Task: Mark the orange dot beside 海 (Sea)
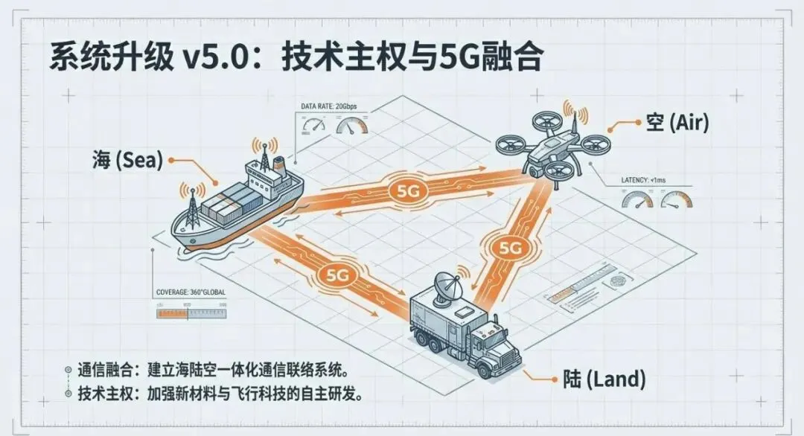(x=172, y=159)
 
